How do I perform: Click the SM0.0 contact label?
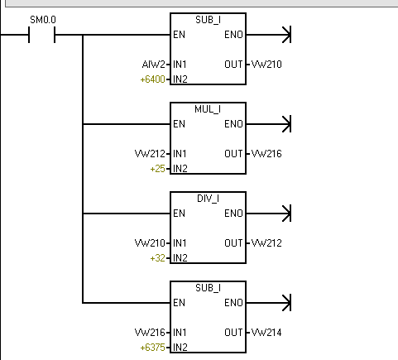click(43, 20)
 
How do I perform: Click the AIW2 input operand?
click(153, 65)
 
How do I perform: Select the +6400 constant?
click(152, 79)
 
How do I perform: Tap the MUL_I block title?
click(208, 109)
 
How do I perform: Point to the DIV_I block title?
click(208, 199)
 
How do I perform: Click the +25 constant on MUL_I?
click(157, 169)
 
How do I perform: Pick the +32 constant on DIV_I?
click(157, 258)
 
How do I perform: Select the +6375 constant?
click(152, 348)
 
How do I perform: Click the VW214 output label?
click(266, 333)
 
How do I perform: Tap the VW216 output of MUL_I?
click(266, 154)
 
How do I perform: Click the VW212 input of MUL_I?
click(150, 154)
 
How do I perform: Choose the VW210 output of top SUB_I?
click(266, 65)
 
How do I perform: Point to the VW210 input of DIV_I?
click(150, 243)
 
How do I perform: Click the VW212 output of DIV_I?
click(266, 243)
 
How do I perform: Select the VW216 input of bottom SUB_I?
click(150, 333)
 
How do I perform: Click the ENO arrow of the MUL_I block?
click(268, 124)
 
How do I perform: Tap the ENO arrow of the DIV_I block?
click(268, 214)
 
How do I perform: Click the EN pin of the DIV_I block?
click(179, 214)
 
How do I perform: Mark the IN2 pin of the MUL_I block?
click(180, 169)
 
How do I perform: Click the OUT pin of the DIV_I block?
click(233, 243)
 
